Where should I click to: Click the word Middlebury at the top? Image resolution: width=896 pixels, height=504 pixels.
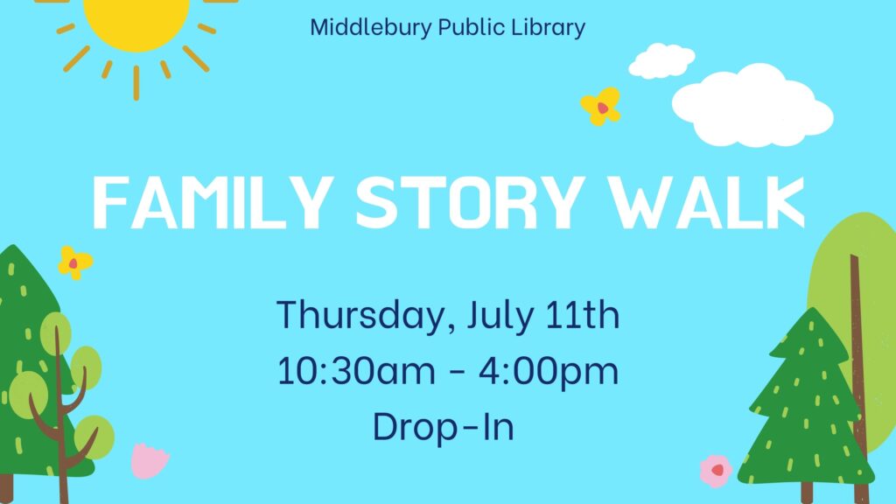370,27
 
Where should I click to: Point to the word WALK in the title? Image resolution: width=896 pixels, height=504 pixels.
706,202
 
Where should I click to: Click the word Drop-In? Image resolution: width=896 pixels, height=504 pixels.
444,426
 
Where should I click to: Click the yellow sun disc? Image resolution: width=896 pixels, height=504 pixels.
136,23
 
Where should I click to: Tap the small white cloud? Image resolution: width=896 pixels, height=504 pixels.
661,60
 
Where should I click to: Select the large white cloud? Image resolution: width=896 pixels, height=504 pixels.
752,106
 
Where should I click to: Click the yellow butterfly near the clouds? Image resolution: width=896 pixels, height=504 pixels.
600,106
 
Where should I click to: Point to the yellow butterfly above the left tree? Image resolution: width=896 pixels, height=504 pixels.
75,262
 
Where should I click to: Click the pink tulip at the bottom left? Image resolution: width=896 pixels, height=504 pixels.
149,460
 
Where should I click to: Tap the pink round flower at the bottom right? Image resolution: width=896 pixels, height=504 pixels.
716,471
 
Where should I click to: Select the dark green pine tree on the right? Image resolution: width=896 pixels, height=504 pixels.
806,406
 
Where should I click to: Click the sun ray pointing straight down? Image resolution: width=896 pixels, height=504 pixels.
136,83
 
